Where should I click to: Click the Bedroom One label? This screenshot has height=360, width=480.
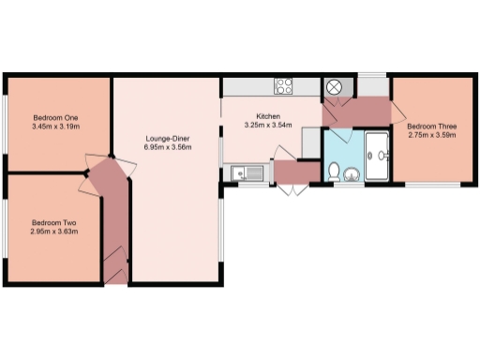[55, 116]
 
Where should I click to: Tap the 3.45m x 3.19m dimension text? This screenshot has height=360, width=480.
[55, 126]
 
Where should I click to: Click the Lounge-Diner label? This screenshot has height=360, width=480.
[169, 138]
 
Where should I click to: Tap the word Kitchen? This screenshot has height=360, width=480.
[257, 116]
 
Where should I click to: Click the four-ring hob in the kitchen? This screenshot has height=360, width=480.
[285, 86]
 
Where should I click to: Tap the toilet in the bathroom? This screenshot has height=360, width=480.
[335, 170]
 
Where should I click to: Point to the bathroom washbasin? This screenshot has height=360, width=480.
[352, 173]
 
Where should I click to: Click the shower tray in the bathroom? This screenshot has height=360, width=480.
[379, 156]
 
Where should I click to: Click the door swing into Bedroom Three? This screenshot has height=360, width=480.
[398, 114]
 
